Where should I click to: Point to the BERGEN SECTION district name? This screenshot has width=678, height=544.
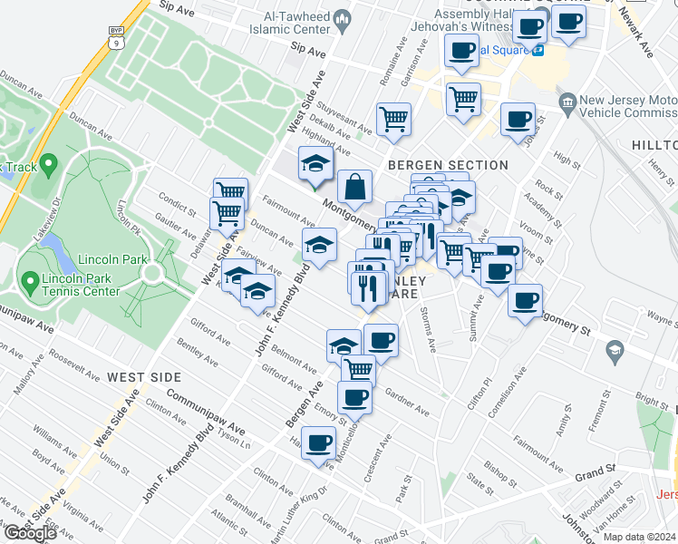pyautogui.click(x=448, y=165)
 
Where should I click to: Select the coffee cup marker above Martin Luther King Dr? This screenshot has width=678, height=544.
pyautogui.click(x=318, y=443)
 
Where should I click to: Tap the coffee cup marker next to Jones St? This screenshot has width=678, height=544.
pyautogui.click(x=518, y=121)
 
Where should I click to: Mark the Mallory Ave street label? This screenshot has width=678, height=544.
pyautogui.click(x=31, y=374)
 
